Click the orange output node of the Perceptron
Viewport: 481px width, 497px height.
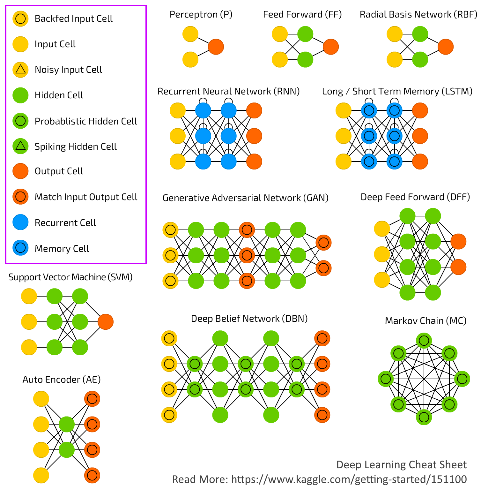216,47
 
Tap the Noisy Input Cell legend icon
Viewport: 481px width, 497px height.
20,70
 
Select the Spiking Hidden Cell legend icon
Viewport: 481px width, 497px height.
20,146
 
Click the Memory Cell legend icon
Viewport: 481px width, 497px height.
20,248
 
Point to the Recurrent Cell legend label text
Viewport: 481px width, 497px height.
65,222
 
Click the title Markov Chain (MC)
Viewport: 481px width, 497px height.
426,320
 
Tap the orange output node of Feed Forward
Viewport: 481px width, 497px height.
331,47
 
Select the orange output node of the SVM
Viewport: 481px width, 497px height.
106,321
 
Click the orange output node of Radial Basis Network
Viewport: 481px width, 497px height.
446,47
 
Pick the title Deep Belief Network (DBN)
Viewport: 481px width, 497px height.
249,319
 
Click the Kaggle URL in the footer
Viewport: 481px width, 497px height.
349,479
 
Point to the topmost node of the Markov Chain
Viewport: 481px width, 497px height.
424,341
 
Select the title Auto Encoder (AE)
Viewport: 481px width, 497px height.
62,379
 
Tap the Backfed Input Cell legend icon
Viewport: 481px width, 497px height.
20,19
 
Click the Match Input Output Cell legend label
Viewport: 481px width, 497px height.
86,197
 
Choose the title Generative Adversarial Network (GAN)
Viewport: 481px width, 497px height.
246,198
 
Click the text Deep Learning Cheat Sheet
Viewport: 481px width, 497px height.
401,465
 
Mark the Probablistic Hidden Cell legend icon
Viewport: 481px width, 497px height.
20,121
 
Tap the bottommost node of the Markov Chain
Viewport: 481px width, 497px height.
424,417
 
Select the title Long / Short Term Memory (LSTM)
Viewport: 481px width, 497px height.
397,91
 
